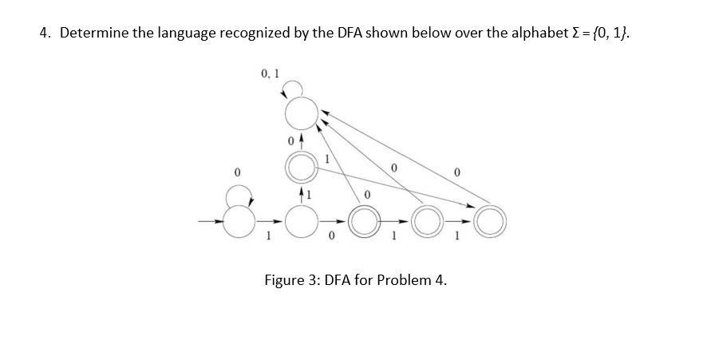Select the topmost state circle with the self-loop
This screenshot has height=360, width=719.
301,114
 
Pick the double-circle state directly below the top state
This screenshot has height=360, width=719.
300,167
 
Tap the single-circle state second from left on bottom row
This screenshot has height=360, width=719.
300,220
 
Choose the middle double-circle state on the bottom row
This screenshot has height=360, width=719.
363,220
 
